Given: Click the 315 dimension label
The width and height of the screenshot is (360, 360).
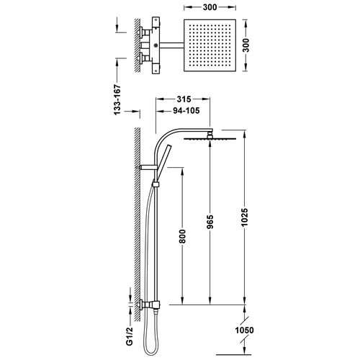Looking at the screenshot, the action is point(184,99).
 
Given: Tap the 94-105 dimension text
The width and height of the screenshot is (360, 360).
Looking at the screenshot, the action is point(186,111).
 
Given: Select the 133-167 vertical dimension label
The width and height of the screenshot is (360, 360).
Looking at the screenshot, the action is point(117,99).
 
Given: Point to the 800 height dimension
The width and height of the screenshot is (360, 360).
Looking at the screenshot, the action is point(182,236).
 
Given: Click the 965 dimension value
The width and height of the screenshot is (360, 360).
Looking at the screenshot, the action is point(210,222).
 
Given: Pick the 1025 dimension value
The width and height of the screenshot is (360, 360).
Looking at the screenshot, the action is point(245,217).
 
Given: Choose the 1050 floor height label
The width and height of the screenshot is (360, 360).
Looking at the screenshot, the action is point(244,330).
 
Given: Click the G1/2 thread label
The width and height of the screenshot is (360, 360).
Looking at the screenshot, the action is point(130,336).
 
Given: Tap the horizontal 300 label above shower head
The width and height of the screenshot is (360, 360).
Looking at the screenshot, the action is point(210,7).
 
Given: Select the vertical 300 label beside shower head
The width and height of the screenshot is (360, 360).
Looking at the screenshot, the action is point(246,45).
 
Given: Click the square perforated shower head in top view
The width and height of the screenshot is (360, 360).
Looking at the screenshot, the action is point(210,45).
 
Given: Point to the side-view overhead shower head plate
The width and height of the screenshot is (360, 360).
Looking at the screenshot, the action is point(210,138).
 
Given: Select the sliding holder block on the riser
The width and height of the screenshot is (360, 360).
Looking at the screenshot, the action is point(156,184).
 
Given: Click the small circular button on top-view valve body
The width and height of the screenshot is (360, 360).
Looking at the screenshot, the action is point(156,45).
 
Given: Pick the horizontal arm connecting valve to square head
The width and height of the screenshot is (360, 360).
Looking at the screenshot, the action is point(171,45).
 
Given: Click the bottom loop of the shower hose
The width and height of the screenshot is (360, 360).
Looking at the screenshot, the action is point(151,352).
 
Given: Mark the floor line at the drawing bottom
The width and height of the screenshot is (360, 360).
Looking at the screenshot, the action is point(233,354).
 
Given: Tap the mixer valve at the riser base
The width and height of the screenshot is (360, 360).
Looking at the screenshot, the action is point(149,305).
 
